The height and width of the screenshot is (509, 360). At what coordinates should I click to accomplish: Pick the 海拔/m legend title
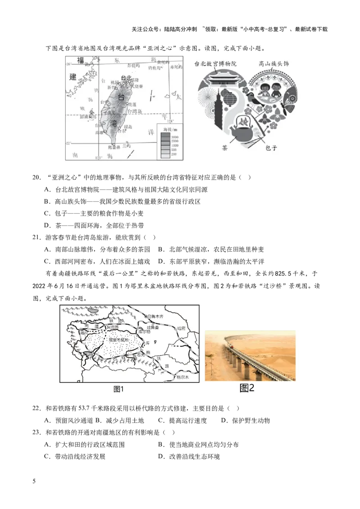(x=167, y=129)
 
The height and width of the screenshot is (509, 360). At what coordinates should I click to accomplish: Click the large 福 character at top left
(x=81, y=60)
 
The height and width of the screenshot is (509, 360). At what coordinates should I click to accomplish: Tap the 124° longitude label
(x=170, y=121)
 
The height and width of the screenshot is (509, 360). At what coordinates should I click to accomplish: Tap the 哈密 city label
(x=181, y=329)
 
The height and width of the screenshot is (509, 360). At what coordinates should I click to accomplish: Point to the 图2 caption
(x=247, y=388)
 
